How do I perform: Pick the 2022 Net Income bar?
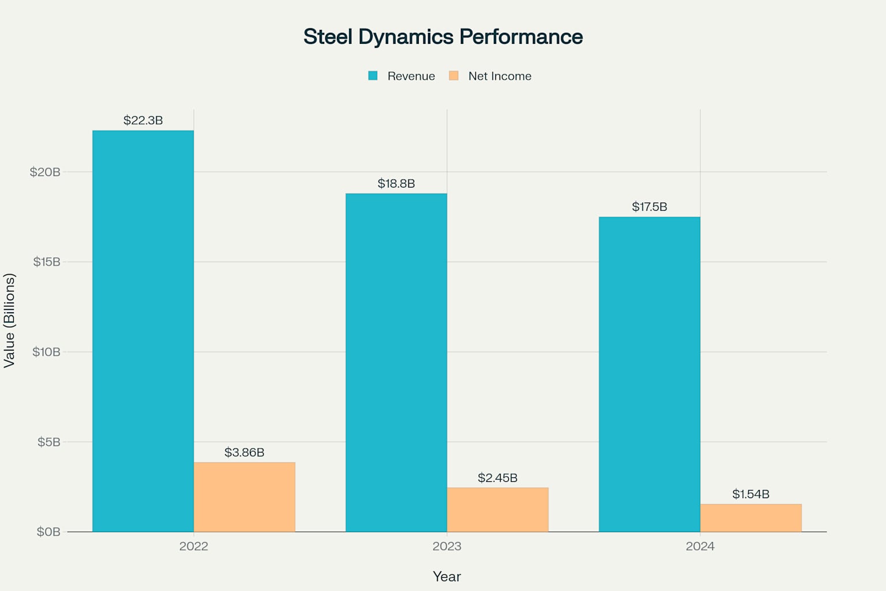[x=245, y=497]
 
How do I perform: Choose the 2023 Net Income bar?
[x=498, y=510]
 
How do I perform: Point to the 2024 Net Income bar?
[x=751, y=518]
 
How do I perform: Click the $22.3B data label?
[x=143, y=120]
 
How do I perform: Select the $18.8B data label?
[x=396, y=184]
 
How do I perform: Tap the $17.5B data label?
[x=650, y=207]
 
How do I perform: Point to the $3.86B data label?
[x=245, y=452]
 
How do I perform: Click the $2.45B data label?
[x=498, y=478]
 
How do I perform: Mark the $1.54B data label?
[x=751, y=494]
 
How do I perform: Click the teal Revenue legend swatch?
[x=373, y=76]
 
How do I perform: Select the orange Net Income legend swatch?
[x=453, y=76]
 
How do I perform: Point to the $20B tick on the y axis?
[x=45, y=172]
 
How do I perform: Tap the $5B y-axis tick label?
[x=48, y=442]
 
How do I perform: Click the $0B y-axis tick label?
[x=48, y=532]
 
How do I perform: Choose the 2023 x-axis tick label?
[x=447, y=546]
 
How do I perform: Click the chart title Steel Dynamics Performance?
[x=443, y=36]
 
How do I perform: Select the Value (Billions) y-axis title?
[x=9, y=320]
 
